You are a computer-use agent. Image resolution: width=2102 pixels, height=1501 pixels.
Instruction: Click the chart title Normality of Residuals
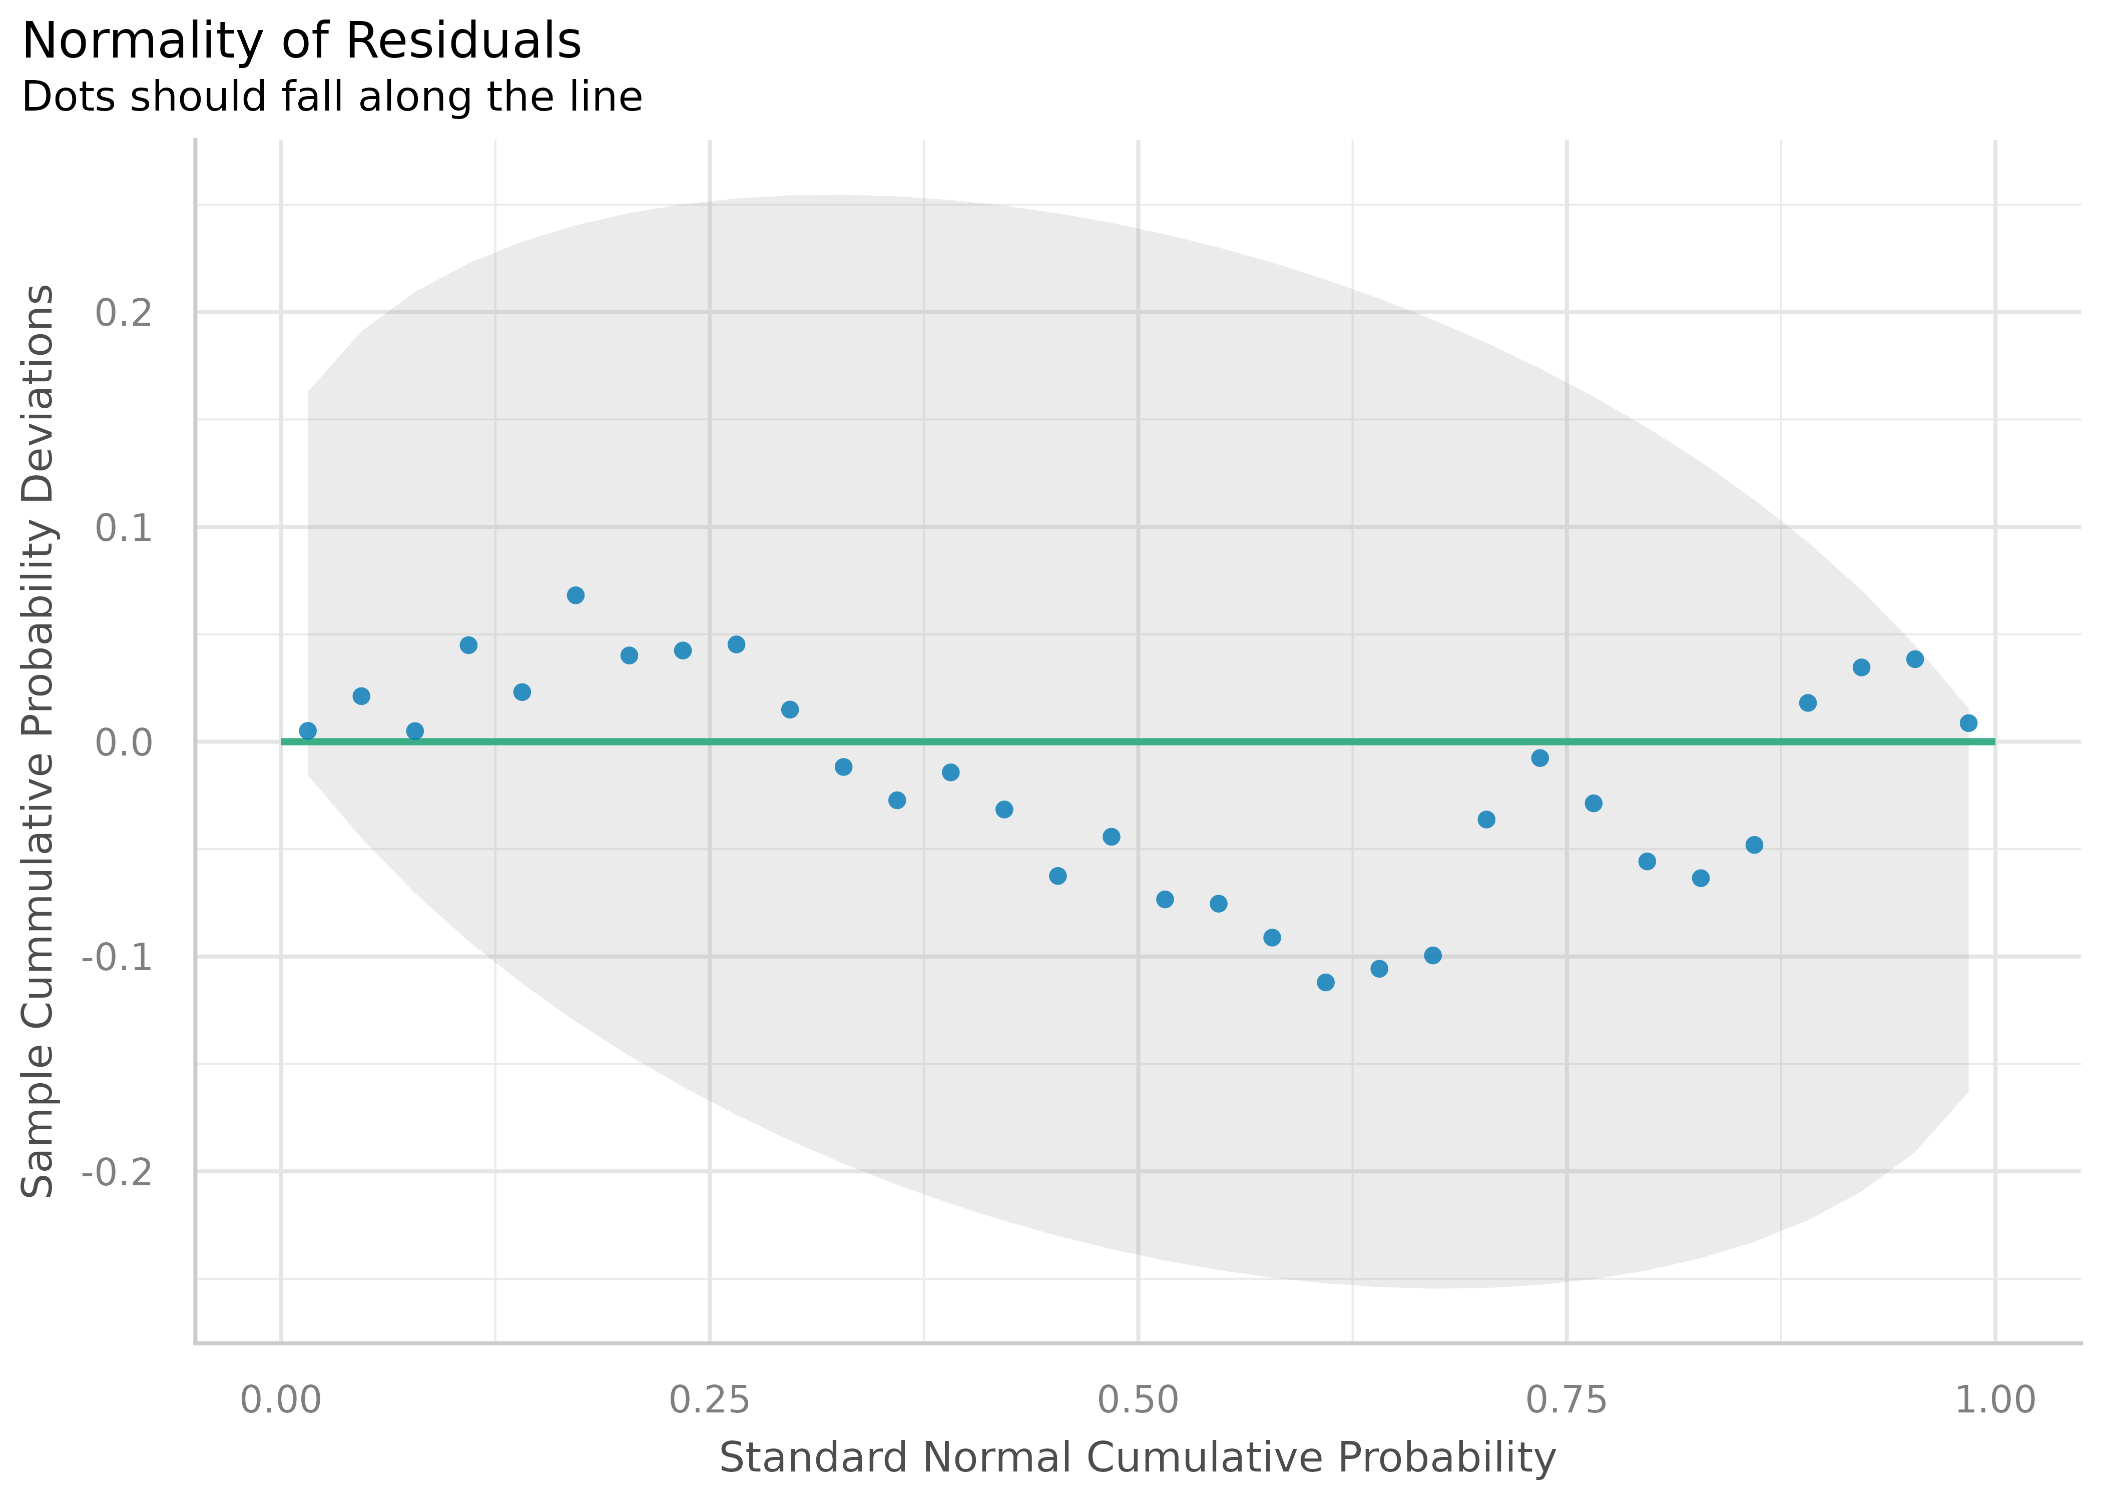301,42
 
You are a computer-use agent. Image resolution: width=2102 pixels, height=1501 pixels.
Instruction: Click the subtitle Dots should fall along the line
332,97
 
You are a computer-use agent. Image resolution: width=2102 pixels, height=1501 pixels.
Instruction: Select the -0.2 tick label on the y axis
118,1172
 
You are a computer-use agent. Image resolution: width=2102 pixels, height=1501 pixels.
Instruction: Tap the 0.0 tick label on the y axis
124,742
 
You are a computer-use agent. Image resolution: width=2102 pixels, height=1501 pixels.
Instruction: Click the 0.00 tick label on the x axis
281,1400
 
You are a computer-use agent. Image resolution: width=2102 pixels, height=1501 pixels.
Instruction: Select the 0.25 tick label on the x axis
709,1400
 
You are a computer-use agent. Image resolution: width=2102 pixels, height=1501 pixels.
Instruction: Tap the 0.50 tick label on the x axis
1138,1400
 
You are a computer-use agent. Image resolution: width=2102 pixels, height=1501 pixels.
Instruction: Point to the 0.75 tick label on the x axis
1567,1400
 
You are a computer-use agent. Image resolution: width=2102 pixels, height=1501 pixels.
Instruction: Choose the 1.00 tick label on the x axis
1995,1400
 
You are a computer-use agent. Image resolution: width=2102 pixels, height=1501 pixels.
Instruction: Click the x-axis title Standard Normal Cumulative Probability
1138,1457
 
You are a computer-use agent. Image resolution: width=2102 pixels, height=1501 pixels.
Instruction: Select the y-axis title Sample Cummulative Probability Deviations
39,741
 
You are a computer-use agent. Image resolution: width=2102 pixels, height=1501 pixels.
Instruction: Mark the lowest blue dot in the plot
1326,983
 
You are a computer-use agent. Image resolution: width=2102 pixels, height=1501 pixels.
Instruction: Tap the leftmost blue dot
308,731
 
